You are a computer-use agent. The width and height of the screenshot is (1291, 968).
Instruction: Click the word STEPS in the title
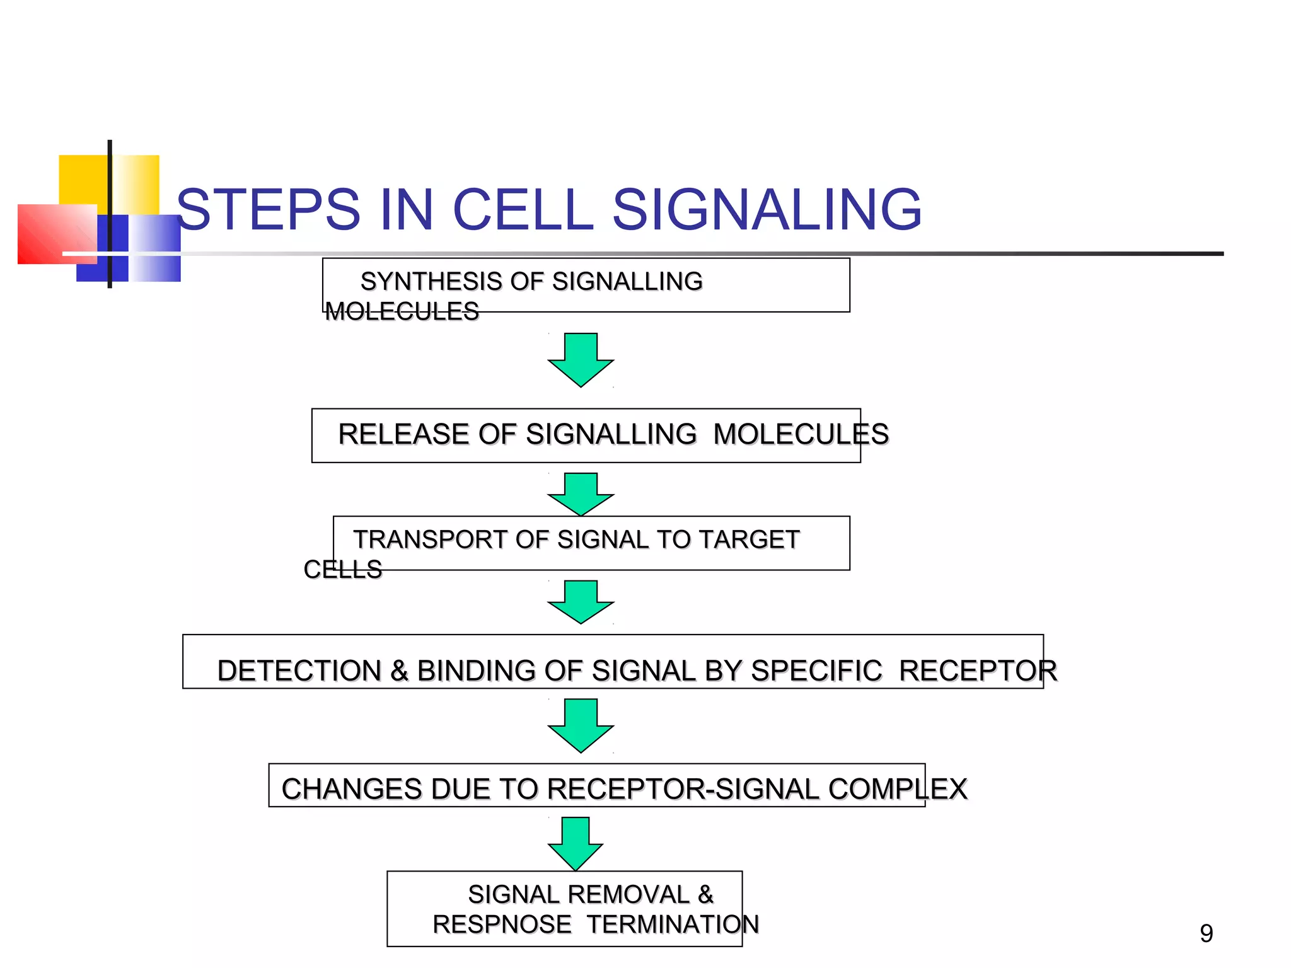click(269, 210)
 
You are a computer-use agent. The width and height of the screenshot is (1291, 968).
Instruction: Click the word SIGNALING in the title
click(767, 210)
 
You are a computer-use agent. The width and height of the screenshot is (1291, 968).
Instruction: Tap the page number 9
click(1206, 933)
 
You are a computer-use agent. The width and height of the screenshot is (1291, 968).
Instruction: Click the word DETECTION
click(299, 671)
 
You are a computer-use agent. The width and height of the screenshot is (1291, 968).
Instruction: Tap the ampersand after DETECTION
click(399, 671)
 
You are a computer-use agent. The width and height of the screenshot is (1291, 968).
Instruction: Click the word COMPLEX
click(898, 789)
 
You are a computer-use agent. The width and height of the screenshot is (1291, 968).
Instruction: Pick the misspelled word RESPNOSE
click(502, 925)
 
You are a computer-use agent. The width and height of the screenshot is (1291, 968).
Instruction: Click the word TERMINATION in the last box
click(673, 925)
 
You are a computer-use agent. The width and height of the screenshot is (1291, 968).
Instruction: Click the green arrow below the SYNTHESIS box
click(581, 360)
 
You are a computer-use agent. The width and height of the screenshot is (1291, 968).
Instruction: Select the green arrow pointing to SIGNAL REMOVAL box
click(576, 844)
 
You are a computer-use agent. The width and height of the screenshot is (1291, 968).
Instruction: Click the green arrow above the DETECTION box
click(581, 602)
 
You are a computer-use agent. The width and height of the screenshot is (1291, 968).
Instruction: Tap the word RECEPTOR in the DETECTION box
click(978, 671)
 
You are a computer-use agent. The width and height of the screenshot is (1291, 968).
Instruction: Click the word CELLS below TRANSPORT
click(343, 570)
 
